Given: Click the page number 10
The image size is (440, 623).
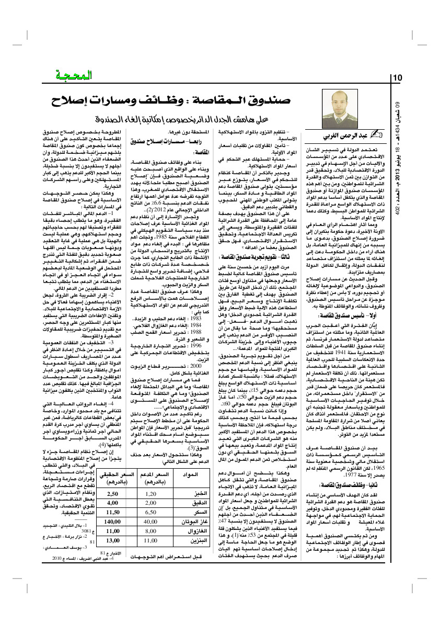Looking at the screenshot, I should click(396, 78).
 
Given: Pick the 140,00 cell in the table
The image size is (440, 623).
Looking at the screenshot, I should click(112, 522).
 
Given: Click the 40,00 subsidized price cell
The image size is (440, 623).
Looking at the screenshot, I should click(150, 522).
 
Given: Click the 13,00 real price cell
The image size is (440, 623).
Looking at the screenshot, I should click(112, 541).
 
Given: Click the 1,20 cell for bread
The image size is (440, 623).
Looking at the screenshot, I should click(150, 493).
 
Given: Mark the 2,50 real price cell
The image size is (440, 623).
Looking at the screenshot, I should click(112, 493).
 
